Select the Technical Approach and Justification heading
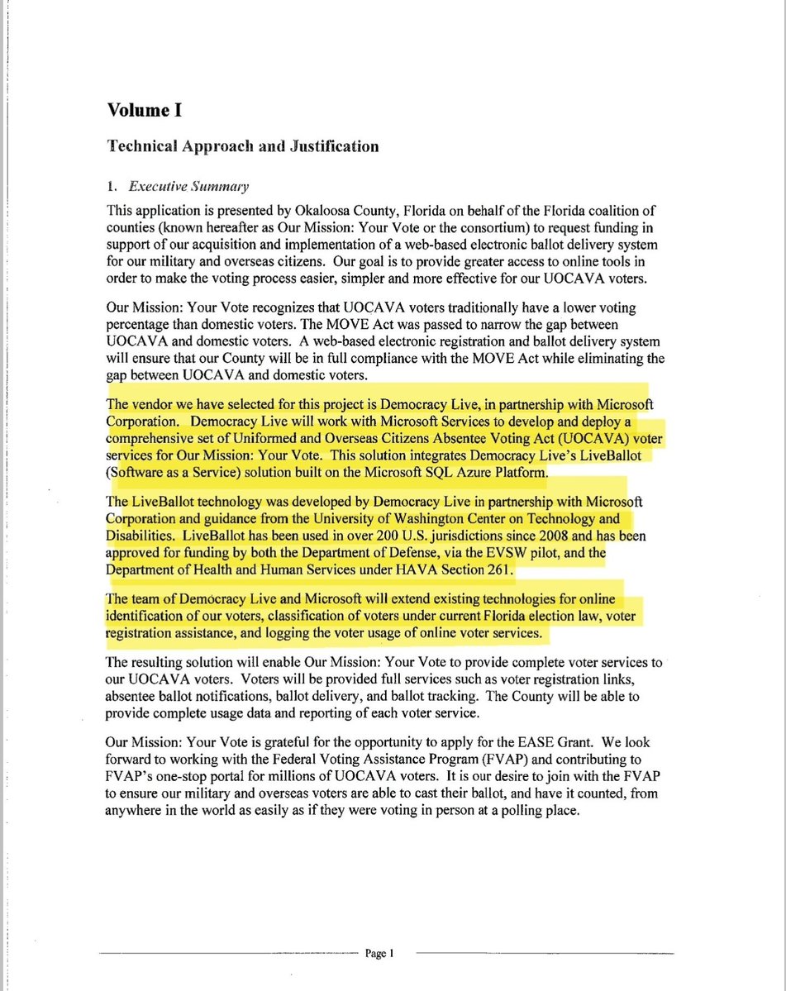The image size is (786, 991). click(x=243, y=146)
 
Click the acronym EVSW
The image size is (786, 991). click(x=493, y=552)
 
